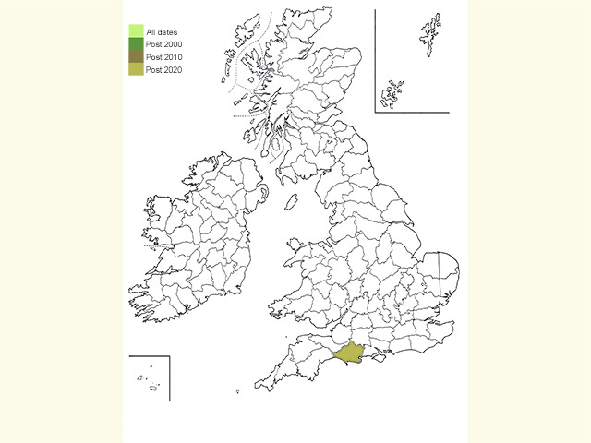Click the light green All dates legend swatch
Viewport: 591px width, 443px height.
135,32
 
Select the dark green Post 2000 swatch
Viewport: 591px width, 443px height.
135,44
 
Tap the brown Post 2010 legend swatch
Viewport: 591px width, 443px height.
135,56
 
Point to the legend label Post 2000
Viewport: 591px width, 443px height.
163,45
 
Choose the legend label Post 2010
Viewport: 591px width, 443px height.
163,57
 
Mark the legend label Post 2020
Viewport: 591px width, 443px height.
163,69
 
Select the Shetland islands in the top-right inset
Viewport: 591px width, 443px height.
428,42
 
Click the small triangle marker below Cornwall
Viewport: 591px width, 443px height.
238,393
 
